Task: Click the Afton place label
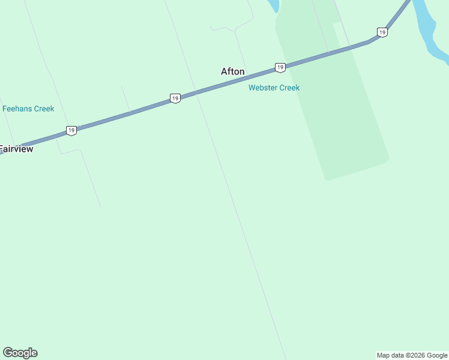coord(233,71)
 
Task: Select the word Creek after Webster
coord(289,88)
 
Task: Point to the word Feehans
coord(17,109)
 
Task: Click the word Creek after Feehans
coord(44,109)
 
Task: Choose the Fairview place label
coord(16,149)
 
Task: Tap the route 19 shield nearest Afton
coord(280,67)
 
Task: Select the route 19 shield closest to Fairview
coord(71,130)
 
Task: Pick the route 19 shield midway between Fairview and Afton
coord(175,98)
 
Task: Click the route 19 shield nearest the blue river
coord(382,32)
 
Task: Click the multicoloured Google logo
coord(20,353)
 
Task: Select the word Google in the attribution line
coord(438,355)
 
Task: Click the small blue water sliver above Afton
coord(273,5)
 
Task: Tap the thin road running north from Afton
coord(239,45)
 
